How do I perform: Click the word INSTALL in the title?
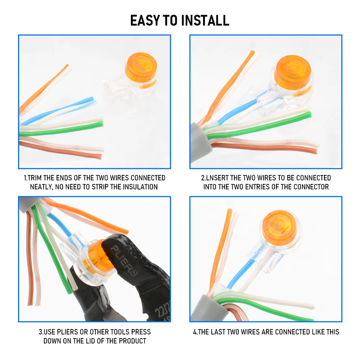[x=205, y=21]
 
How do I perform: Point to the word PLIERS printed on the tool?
[x=124, y=261]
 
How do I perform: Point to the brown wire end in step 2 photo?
[x=315, y=151]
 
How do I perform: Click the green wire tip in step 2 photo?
[x=309, y=114]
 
